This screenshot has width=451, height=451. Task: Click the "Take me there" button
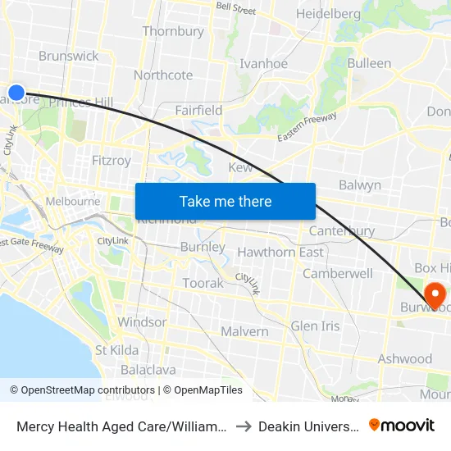click(225, 201)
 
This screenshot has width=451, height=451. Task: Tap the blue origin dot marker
click(16, 92)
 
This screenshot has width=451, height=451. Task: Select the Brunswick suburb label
click(68, 56)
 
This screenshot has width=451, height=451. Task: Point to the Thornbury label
click(173, 31)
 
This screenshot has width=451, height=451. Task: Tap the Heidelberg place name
click(328, 14)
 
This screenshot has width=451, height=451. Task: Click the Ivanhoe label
click(263, 64)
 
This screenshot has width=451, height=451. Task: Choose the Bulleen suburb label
click(369, 63)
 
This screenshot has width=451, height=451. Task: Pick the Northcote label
click(163, 75)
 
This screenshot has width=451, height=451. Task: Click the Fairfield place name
click(198, 110)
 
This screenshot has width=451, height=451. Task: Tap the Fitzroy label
click(112, 161)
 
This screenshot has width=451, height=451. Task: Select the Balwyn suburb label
click(359, 185)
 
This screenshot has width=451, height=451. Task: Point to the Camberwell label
click(338, 274)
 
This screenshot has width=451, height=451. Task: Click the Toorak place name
click(203, 283)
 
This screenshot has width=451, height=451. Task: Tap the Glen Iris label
click(315, 326)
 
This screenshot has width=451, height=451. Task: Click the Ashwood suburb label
click(404, 358)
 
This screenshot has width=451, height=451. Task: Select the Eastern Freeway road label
click(307, 125)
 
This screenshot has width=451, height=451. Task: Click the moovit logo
click(401, 425)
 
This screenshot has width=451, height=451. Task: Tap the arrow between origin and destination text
click(243, 426)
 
